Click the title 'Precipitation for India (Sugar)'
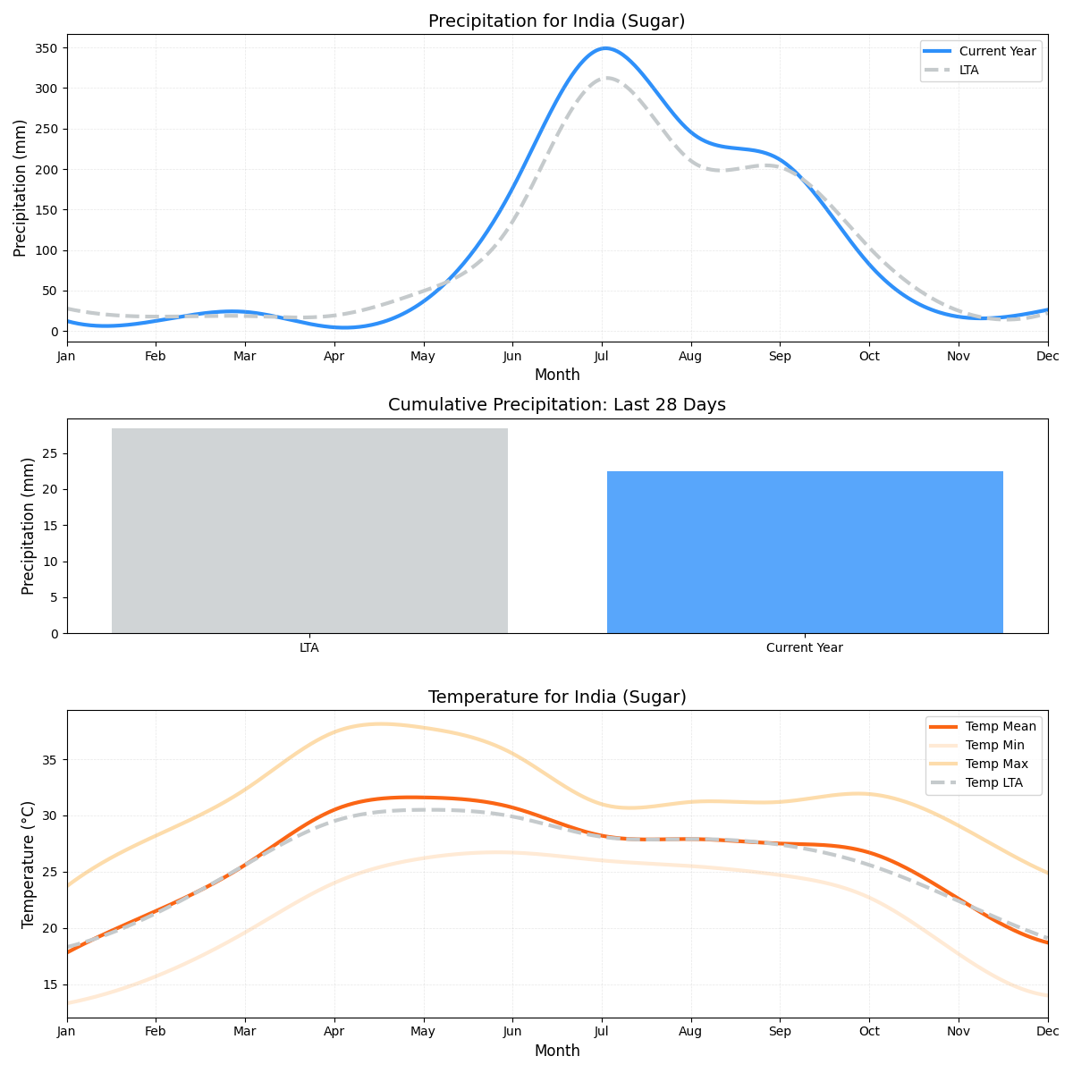(556, 21)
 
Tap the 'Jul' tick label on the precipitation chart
(602, 356)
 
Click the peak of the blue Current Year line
(606, 48)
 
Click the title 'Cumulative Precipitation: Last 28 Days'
(556, 405)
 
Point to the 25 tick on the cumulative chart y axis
(51, 453)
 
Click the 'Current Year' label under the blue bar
(805, 647)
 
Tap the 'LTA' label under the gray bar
(309, 647)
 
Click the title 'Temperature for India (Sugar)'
(556, 697)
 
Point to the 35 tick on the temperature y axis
(51, 760)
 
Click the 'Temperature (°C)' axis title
(29, 864)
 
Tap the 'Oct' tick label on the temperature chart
(869, 1031)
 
